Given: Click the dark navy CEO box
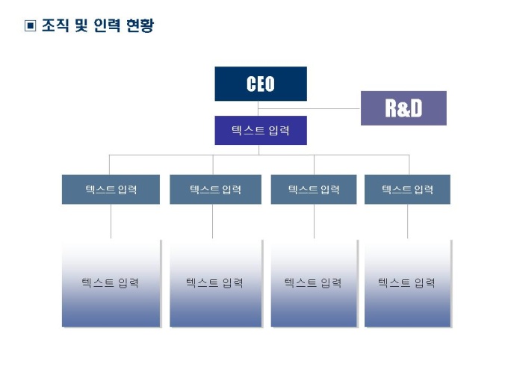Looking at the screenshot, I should point(260,84).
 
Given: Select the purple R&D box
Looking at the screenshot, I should point(403,108).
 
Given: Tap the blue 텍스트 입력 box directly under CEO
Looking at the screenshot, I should point(260,130).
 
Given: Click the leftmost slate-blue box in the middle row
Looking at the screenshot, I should point(111,189).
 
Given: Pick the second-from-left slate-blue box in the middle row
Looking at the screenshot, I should point(215,189).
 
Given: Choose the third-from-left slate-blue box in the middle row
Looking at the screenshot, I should point(314,189).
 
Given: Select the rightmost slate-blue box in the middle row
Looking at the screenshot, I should point(407,189).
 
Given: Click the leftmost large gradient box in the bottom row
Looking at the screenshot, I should point(111,283).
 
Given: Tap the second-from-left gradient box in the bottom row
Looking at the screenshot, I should point(215,283).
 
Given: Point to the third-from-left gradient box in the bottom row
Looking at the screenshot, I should point(314,283).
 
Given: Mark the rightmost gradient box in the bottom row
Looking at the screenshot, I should point(407,283).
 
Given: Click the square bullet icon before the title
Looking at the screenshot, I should point(31,27).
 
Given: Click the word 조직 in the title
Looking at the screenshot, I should point(55,27).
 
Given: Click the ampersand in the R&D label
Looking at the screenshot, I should point(403,109).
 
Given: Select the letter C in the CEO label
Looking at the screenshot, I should point(251,84).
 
